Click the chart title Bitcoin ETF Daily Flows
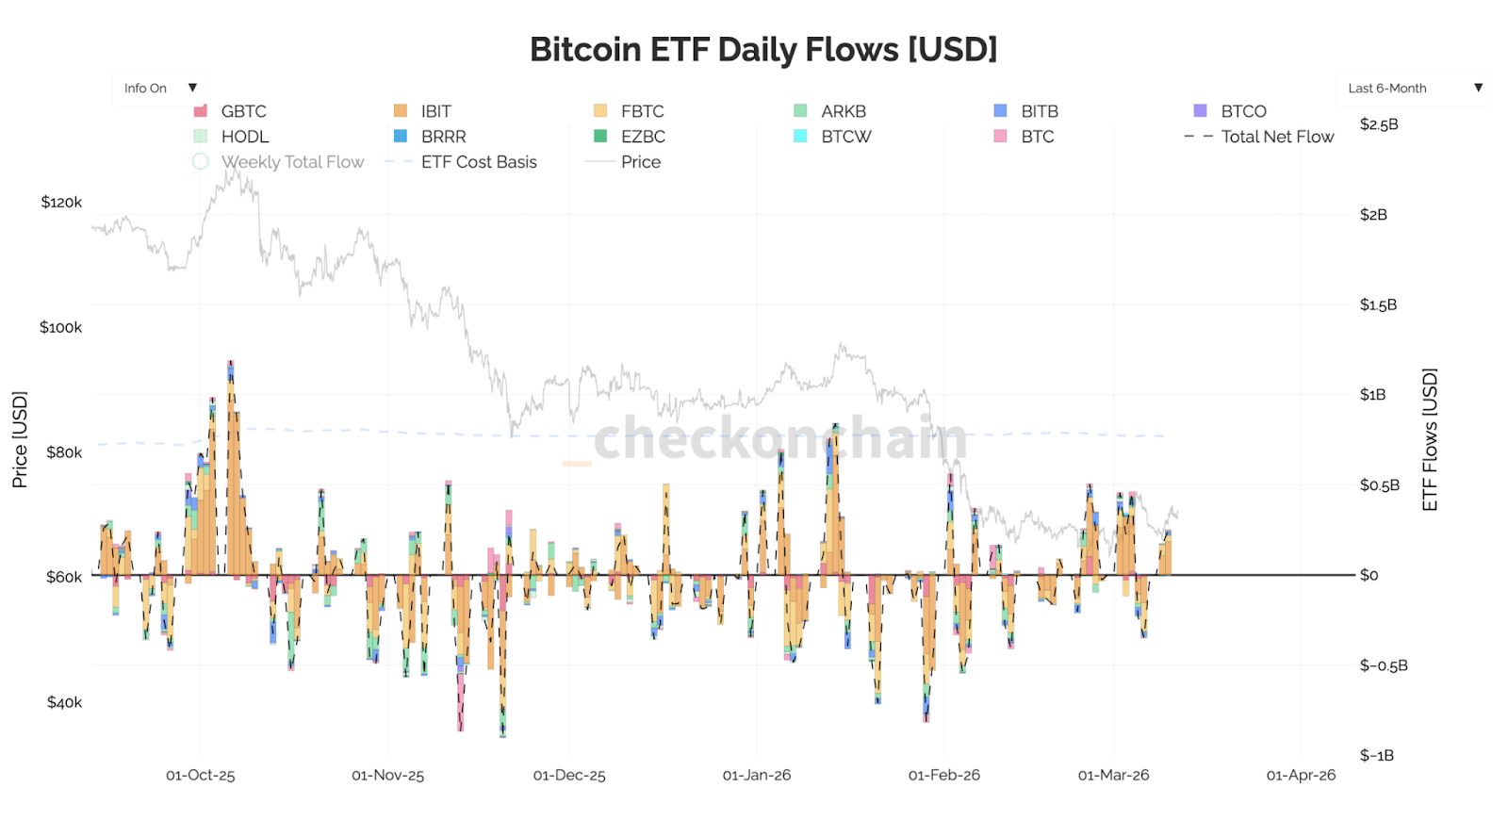point(762,49)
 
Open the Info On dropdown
point(158,89)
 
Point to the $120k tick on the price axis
point(61,203)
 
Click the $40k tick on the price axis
point(64,702)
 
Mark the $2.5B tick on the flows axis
point(1378,124)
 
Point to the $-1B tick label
point(1376,756)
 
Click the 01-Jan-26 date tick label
point(756,776)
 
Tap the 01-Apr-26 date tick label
point(1300,776)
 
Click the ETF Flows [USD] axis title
point(1430,439)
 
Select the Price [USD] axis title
point(20,439)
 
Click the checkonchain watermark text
point(779,438)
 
